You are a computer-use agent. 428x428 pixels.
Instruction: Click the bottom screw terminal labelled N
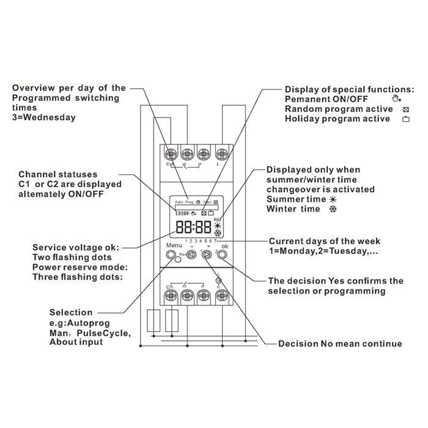221,296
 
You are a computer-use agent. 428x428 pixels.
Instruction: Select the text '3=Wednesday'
44,117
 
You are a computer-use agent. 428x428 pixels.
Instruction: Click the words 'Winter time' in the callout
293,209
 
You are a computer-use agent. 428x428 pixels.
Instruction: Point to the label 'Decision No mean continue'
340,344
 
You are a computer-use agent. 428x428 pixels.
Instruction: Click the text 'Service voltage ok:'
76,248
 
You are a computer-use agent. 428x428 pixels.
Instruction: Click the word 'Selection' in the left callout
71,312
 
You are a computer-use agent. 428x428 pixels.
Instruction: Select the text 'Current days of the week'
324,241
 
